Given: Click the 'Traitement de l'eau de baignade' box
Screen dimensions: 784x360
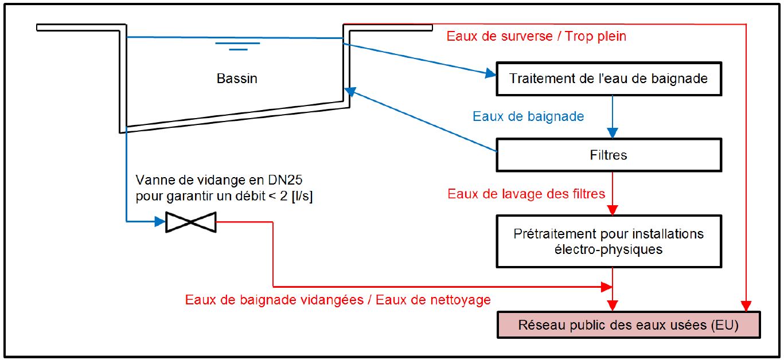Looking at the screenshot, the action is tap(609, 79).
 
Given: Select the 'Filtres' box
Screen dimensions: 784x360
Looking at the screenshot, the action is tap(609, 155).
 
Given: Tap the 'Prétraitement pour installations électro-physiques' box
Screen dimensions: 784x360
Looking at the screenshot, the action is tap(609, 241).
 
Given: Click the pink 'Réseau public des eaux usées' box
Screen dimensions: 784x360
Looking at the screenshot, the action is tap(629, 324).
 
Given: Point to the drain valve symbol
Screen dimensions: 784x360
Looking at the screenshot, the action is tap(191, 222).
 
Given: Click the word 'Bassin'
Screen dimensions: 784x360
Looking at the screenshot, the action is tap(237, 79).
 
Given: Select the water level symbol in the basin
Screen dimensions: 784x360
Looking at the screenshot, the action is tap(237, 46).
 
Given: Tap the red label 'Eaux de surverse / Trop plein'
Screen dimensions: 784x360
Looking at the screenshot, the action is tap(536, 36).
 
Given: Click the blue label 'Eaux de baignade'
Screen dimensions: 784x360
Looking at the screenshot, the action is tap(528, 116).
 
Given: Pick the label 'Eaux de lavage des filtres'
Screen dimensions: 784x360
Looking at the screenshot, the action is tap(526, 193).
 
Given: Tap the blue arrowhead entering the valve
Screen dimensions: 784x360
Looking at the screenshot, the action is tap(160, 221).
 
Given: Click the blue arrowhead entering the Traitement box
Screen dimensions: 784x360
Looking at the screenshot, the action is tap(490, 73).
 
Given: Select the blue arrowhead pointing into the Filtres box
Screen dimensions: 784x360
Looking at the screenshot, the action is tap(612, 133).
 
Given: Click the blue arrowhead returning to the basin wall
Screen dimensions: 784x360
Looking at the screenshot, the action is tap(350, 92).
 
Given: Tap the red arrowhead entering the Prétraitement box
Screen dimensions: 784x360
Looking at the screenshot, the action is tap(612, 210).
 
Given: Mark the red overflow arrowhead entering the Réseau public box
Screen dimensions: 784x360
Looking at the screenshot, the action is tap(746, 306).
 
